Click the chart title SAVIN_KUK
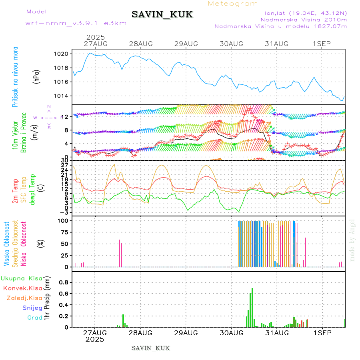[162, 14]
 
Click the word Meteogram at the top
[233, 4]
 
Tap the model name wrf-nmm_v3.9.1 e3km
[76, 23]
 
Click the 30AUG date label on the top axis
[231, 44]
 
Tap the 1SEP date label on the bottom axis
[322, 332]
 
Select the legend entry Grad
[35, 318]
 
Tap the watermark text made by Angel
[352, 240]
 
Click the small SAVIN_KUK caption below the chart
[151, 348]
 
